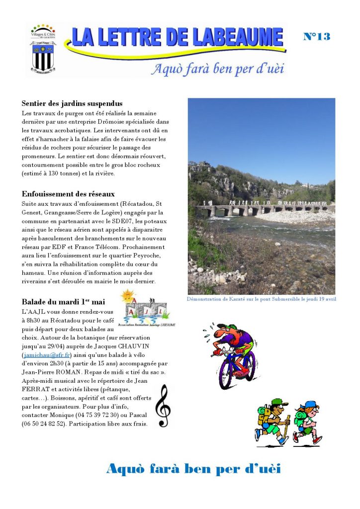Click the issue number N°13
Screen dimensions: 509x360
(317, 36)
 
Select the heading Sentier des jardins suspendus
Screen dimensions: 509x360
(72, 104)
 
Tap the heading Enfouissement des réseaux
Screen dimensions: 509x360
(68, 194)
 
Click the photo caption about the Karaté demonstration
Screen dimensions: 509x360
(262, 299)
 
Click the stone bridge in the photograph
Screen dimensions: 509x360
(259, 208)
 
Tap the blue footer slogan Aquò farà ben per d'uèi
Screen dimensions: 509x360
(193, 469)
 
